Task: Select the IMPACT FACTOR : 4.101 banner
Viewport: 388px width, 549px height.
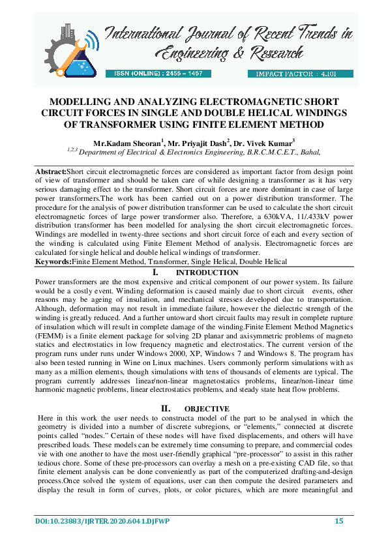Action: (286, 74)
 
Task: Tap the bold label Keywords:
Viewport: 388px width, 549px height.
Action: (53, 261)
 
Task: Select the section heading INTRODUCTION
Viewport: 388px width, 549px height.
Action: (207, 273)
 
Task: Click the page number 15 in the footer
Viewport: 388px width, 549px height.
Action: (339, 520)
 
